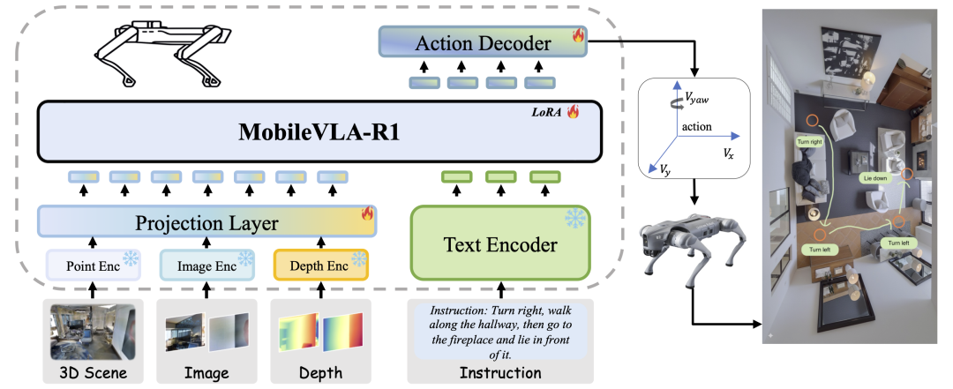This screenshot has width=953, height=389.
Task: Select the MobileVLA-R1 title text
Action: click(320, 136)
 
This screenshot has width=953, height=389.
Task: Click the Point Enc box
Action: click(93, 264)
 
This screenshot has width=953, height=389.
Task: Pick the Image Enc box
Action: click(206, 264)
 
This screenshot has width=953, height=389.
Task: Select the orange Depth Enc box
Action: click(320, 264)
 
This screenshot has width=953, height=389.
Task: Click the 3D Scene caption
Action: click(93, 373)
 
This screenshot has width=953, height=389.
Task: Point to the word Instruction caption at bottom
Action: click(499, 373)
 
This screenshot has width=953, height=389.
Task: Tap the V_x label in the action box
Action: click(725, 153)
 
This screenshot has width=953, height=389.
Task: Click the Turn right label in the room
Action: click(809, 141)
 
